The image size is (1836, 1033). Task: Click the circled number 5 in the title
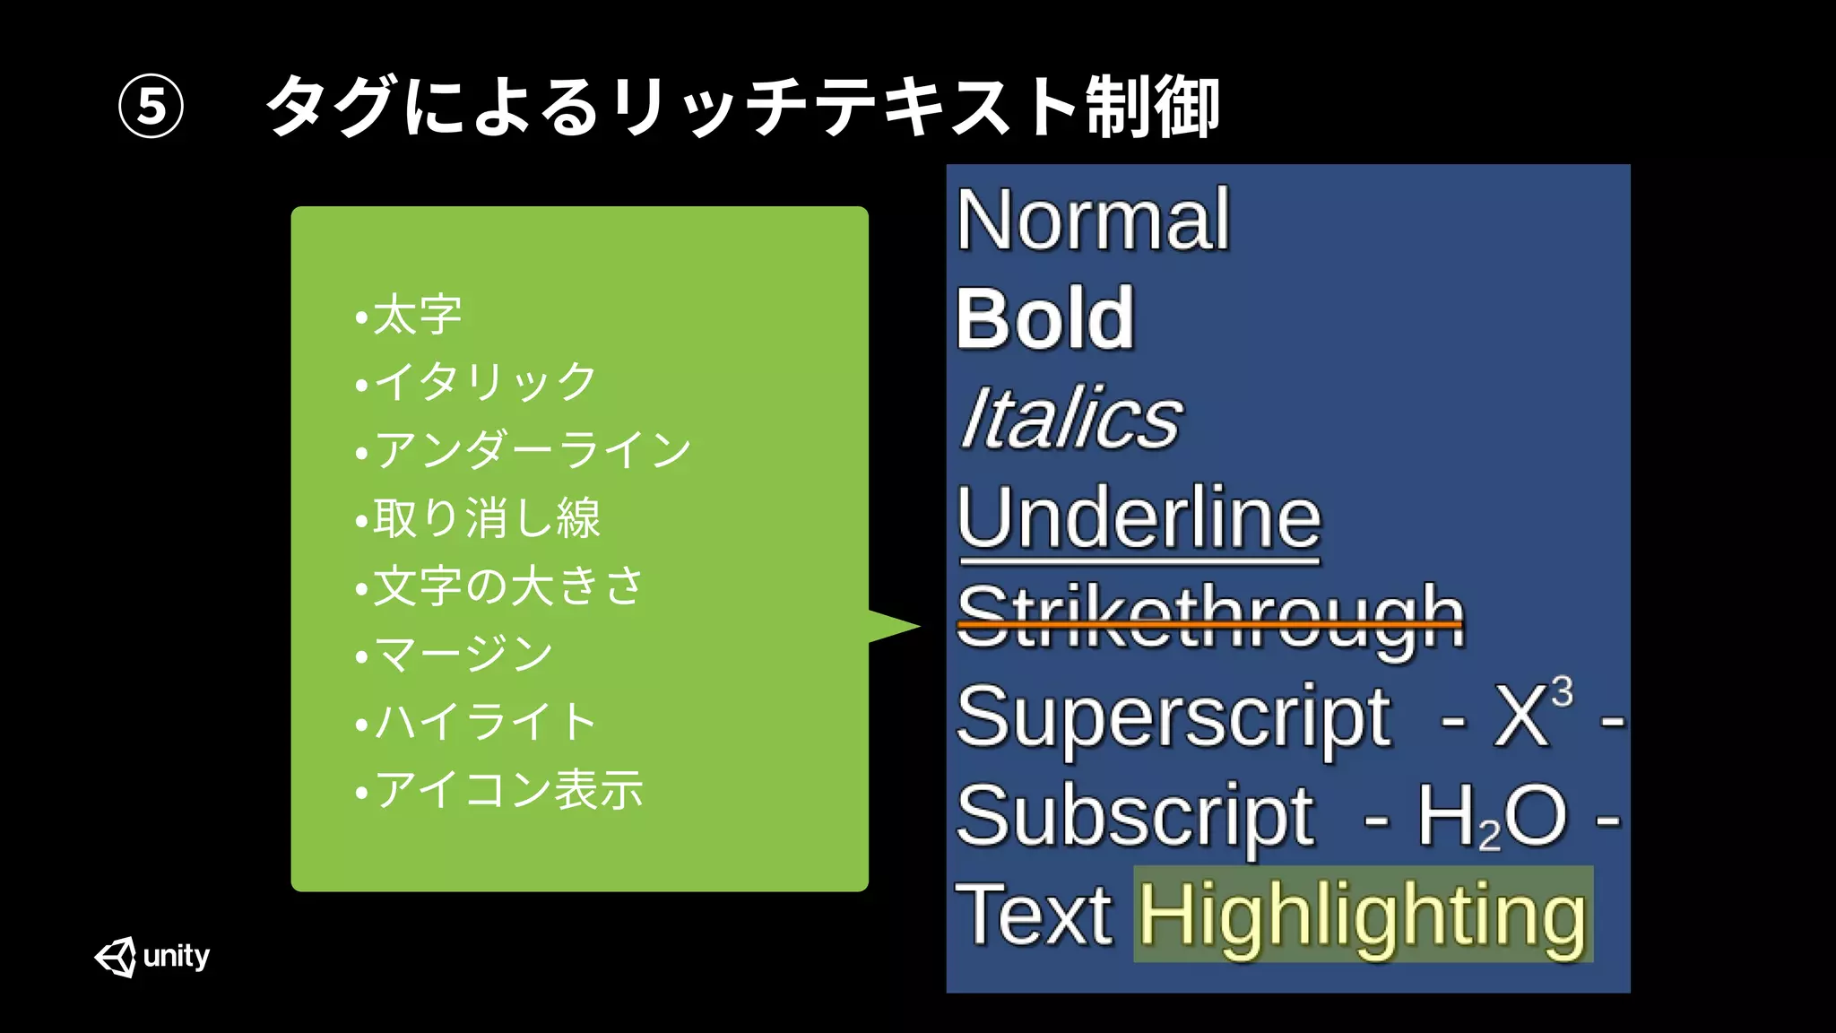tap(152, 106)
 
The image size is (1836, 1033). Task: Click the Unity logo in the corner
tap(152, 957)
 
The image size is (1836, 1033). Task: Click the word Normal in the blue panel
tap(1093, 220)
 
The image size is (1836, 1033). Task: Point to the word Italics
tap(1070, 418)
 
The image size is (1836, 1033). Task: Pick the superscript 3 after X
tap(1563, 691)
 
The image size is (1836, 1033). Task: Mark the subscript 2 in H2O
tap(1490, 838)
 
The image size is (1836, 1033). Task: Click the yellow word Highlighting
tap(1363, 915)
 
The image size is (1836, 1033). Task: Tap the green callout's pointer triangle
tap(892, 626)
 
